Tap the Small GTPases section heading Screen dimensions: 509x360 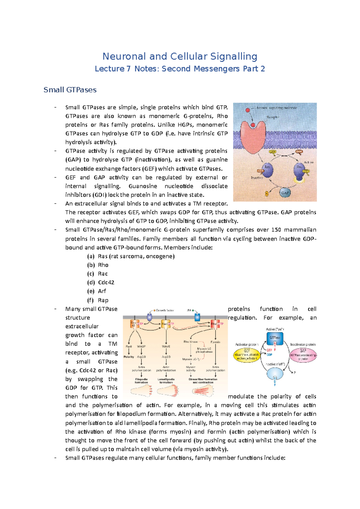click(x=70, y=90)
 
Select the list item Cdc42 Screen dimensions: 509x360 click(x=106, y=282)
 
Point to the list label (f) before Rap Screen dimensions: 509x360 click(x=90, y=300)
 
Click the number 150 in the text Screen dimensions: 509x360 click(x=276, y=230)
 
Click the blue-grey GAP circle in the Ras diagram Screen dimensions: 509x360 click(x=285, y=192)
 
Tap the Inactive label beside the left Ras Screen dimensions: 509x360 click(x=257, y=178)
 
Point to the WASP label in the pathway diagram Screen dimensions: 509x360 click(x=141, y=347)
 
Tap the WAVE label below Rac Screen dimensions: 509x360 click(x=166, y=347)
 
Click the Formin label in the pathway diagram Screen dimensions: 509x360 click(x=215, y=342)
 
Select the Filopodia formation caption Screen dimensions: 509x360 click(x=141, y=381)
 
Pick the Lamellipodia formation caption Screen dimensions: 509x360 click(x=166, y=381)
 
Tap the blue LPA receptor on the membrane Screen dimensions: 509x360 click(x=197, y=317)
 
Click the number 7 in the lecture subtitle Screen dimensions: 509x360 click(x=128, y=69)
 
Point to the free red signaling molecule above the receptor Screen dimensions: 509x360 click(x=247, y=110)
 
